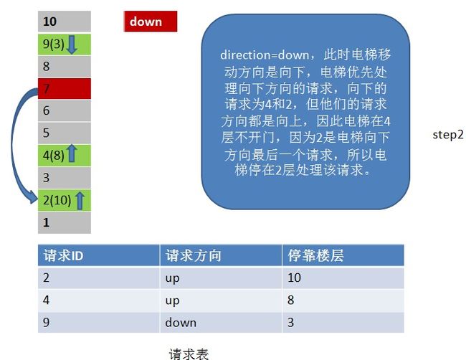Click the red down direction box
pyautogui.click(x=151, y=22)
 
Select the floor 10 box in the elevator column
pyautogui.click(x=65, y=22)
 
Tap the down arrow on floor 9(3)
pyautogui.click(x=71, y=44)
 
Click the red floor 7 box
pyautogui.click(x=65, y=89)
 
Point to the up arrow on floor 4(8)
pyautogui.click(x=72, y=153)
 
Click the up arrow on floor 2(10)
pyautogui.click(x=80, y=200)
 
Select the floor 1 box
pyautogui.click(x=65, y=222)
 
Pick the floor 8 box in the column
pyautogui.click(x=65, y=67)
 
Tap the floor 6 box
pyautogui.click(x=65, y=110)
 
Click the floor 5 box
pyautogui.click(x=65, y=133)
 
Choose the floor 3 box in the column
pyautogui.click(x=65, y=178)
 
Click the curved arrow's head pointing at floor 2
pyautogui.click(x=34, y=197)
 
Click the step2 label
pyautogui.click(x=448, y=135)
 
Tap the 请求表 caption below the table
pyautogui.click(x=189, y=354)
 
